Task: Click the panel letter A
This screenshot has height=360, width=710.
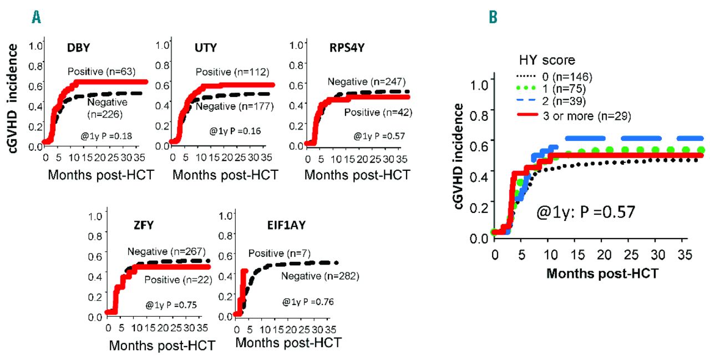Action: click(x=37, y=18)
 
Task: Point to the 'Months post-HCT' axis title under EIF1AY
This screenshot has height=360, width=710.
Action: click(x=288, y=342)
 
